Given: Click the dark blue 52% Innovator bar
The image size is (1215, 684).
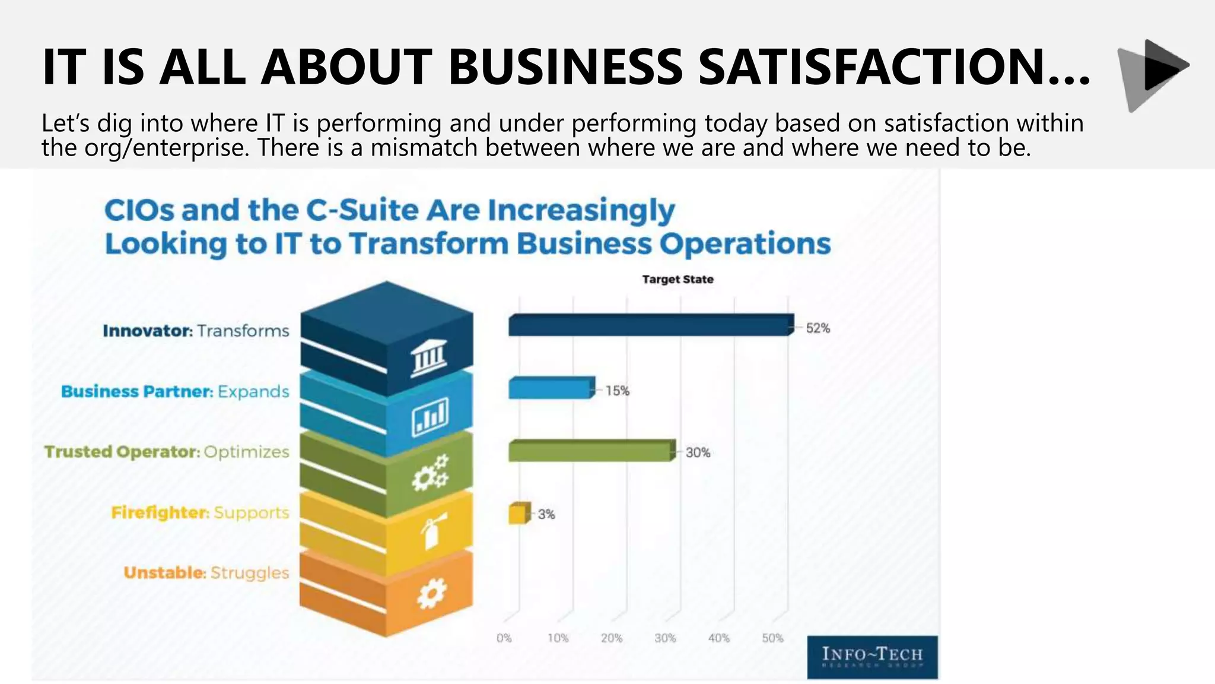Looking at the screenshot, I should coord(650,325).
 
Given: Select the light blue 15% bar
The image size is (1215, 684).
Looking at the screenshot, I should coord(551,388).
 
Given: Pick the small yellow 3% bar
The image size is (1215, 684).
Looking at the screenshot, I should coord(518,514).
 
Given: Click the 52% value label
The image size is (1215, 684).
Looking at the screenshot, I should coord(818,328).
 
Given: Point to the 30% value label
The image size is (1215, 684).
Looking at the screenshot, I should coord(698,452).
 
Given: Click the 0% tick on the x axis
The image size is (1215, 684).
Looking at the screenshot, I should coord(504,638).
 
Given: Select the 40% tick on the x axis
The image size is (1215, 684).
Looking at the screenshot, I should coord(718,638).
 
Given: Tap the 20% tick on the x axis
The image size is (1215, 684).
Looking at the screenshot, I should coord(611,638).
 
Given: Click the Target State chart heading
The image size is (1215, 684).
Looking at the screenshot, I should coord(678,279).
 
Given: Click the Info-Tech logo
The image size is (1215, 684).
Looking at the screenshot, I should coord(872,657).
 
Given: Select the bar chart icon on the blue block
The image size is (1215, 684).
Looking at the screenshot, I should coord(430,416).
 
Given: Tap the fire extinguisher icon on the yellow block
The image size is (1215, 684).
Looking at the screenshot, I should coord(431,533).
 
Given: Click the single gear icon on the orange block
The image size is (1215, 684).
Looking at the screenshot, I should coord(431,593).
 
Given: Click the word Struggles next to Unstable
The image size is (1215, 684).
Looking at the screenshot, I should coord(250,573).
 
